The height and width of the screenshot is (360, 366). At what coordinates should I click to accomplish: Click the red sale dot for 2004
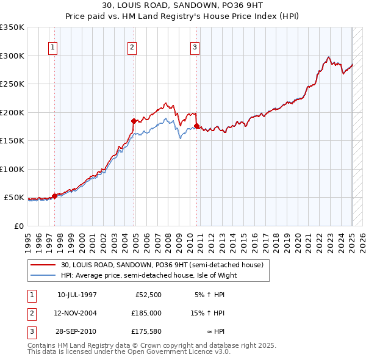(134, 121)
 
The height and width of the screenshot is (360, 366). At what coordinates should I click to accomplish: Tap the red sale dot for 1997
(54, 196)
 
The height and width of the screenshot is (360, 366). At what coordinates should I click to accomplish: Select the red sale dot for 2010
(197, 126)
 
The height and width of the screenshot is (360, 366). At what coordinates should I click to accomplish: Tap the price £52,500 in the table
(149, 294)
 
